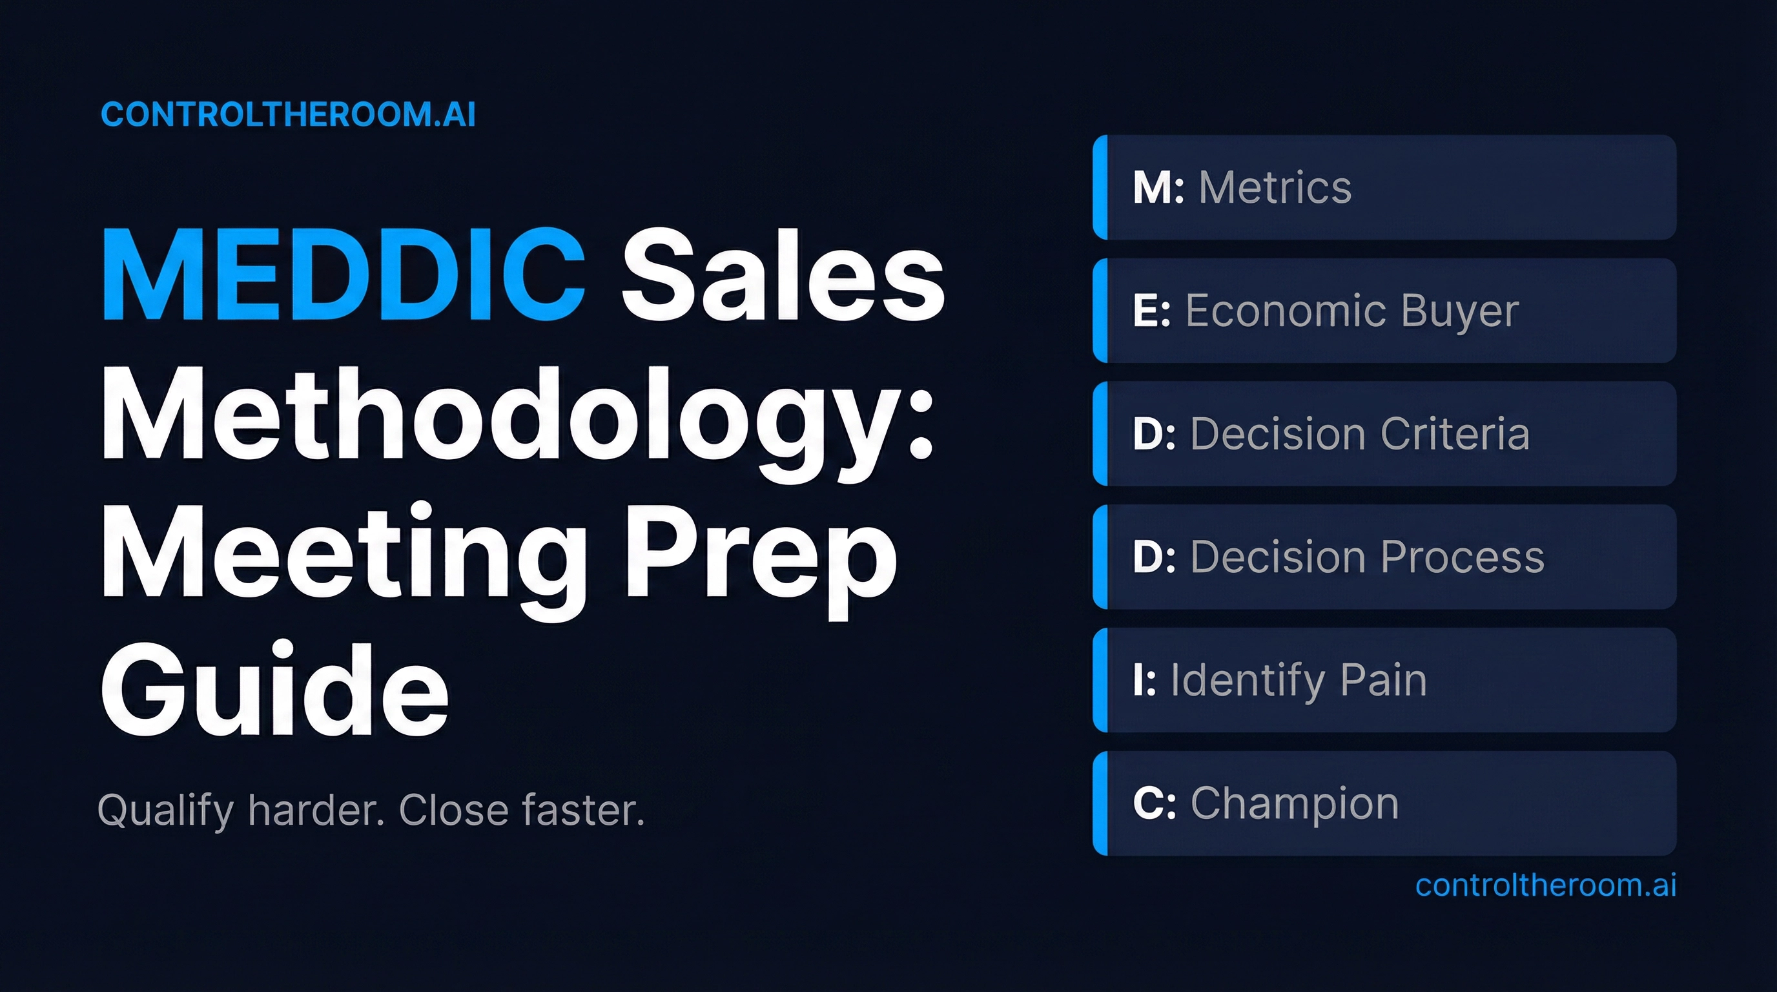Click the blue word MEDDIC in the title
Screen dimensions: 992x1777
point(344,274)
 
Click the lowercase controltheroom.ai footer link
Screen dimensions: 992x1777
point(1545,885)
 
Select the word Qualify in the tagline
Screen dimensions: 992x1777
point(165,810)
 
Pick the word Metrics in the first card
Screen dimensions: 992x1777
point(1275,188)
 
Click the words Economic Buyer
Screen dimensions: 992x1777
point(1352,311)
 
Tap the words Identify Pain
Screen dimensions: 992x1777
point(1299,680)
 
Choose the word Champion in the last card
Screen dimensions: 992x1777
point(1294,803)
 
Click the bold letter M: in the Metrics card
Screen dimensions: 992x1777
point(1158,188)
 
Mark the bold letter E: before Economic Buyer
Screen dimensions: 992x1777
point(1151,311)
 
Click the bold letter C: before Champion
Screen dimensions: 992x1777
point(1154,803)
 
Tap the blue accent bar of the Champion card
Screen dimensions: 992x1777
point(1100,803)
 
